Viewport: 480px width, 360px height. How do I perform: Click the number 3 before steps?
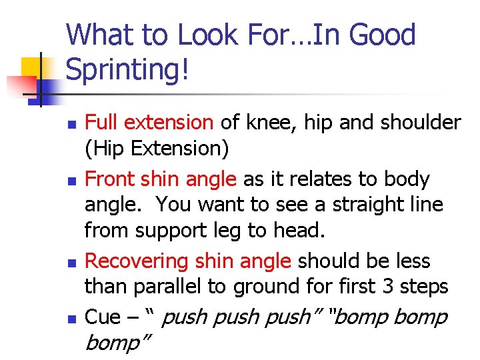pos(387,286)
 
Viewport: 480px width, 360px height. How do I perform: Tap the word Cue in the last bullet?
pos(103,317)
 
